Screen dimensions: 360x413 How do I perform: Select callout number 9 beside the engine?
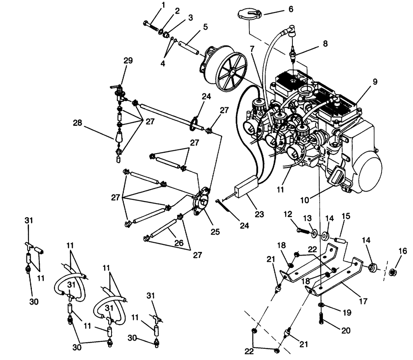(x=375, y=82)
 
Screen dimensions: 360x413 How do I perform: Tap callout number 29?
(x=128, y=60)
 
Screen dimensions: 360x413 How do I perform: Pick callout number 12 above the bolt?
(x=287, y=214)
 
